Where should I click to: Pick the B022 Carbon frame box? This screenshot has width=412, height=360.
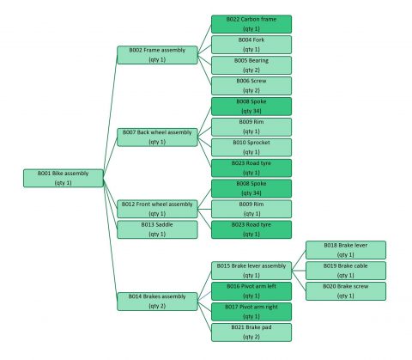pyautogui.click(x=251, y=23)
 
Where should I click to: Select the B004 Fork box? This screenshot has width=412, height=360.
pyautogui.click(x=251, y=44)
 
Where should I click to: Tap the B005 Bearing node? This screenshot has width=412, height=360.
pyautogui.click(x=251, y=64)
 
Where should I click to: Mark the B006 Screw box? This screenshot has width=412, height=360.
pyautogui.click(x=251, y=85)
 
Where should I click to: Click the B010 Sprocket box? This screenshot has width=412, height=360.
pyautogui.click(x=251, y=147)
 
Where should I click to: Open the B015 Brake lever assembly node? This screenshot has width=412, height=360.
pyautogui.click(x=251, y=270)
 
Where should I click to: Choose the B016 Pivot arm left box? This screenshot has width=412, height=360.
pyautogui.click(x=251, y=290)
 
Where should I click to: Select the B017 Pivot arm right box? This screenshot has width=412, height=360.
pyautogui.click(x=251, y=311)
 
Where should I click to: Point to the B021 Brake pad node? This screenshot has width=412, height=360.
pyautogui.click(x=251, y=332)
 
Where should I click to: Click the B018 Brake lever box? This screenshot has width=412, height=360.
pyautogui.click(x=346, y=249)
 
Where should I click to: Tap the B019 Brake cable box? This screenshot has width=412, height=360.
pyautogui.click(x=346, y=270)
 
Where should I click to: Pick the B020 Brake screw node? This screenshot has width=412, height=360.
pyautogui.click(x=346, y=290)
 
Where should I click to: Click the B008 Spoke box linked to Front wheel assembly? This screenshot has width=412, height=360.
pyautogui.click(x=251, y=188)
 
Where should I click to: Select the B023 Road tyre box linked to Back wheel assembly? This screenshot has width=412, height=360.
pyautogui.click(x=251, y=168)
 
